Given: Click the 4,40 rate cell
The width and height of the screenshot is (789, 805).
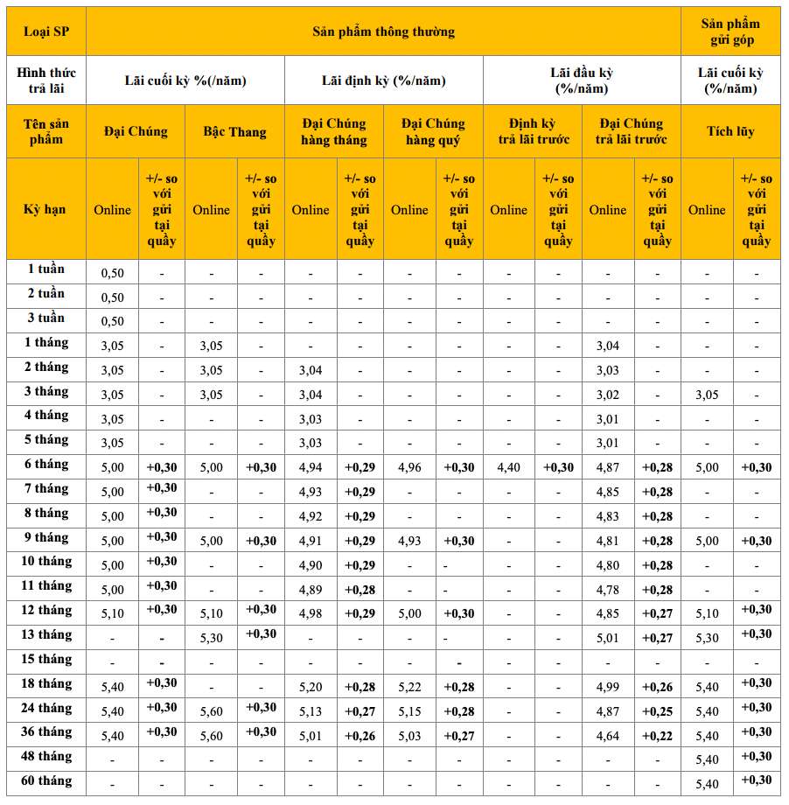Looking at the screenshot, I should point(508,468).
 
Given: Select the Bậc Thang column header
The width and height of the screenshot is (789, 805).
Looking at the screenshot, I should point(234,132).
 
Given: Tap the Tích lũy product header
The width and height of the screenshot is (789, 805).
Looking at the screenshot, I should point(730,132).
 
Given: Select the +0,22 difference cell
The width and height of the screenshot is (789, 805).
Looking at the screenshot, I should point(658,736).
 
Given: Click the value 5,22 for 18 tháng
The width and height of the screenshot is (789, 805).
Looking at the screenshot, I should point(409,688).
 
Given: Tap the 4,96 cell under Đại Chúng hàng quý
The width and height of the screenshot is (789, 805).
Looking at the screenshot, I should point(409,468).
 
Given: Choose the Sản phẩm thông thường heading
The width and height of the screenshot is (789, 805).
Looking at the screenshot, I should point(383,32).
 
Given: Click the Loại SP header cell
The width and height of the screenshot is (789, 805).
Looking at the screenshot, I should point(45,32).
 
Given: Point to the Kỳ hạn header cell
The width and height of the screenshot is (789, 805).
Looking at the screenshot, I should point(45,209).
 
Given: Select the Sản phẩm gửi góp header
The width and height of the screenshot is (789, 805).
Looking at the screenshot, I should point(730,32).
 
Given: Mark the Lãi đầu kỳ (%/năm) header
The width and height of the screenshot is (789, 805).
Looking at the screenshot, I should point(582,80).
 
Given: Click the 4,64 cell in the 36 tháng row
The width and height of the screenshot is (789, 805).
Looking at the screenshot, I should point(608,736).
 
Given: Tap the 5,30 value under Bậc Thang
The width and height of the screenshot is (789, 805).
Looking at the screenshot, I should point(211,639).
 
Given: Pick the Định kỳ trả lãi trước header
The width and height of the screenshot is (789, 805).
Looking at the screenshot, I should point(533,132).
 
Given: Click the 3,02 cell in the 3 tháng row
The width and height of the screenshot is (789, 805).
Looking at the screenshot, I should point(608,395).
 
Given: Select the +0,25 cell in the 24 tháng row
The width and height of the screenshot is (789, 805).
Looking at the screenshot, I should point(658,711).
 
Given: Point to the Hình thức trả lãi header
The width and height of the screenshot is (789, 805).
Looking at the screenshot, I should point(45,80).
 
